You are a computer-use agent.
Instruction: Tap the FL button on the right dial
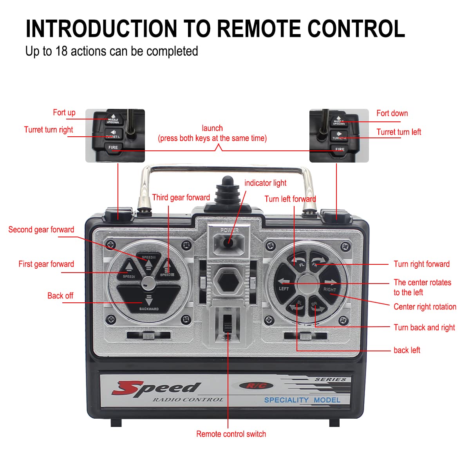coord(299,261)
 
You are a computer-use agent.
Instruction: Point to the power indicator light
coord(229,242)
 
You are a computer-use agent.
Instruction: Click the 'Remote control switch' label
coord(231,434)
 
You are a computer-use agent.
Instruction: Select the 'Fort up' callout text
coord(64,113)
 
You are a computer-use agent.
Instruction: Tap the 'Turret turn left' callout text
coord(398,132)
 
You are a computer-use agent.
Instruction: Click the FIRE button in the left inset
coord(113,148)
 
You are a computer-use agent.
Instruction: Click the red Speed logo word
coord(157,388)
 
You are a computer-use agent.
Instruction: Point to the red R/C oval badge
coord(256,386)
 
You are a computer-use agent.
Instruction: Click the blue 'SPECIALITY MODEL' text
coord(302,400)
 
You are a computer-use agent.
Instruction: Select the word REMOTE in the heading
coord(259,29)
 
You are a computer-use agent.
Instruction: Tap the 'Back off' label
coord(60,296)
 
